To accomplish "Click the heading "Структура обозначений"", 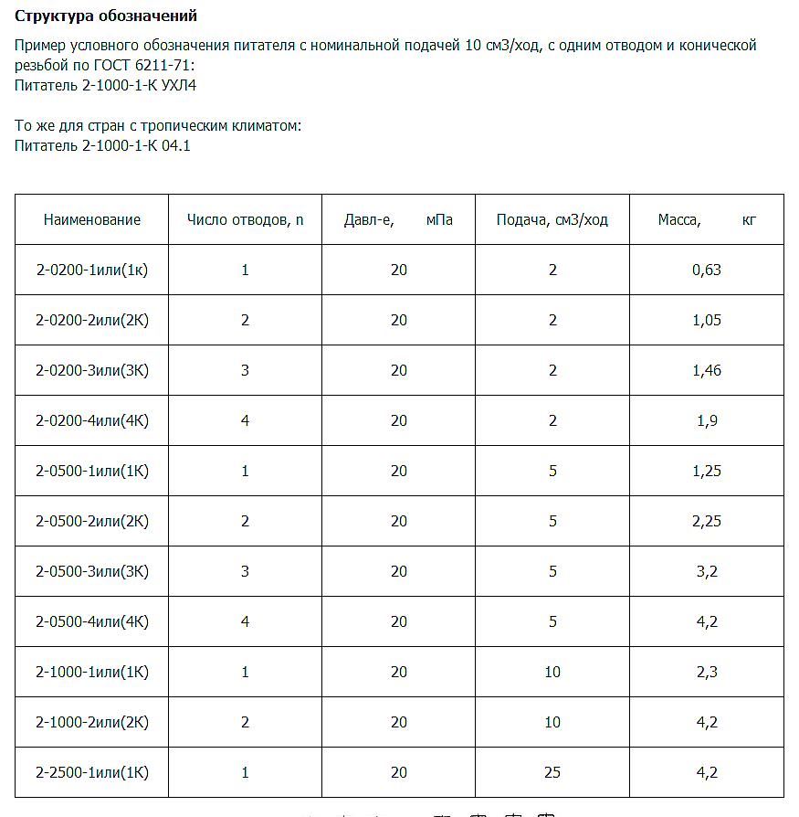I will pyautogui.click(x=106, y=16).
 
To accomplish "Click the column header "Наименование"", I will pyautogui.click(x=92, y=219).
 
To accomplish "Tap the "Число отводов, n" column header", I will pyautogui.click(x=245, y=219).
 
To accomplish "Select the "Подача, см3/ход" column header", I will pyautogui.click(x=552, y=219).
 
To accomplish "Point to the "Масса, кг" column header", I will pyautogui.click(x=706, y=219).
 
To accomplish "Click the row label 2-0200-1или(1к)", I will pyautogui.click(x=92, y=270).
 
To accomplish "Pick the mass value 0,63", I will pyautogui.click(x=707, y=270).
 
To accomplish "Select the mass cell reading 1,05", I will pyautogui.click(x=707, y=320).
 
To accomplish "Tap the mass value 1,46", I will pyautogui.click(x=707, y=370).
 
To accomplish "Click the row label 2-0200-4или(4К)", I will pyautogui.click(x=92, y=420).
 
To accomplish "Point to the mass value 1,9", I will pyautogui.click(x=707, y=420).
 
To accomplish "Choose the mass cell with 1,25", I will pyautogui.click(x=707, y=471).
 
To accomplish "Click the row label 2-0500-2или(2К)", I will pyautogui.click(x=92, y=521).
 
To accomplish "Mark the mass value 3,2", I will pyautogui.click(x=707, y=571).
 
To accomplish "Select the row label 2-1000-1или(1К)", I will pyautogui.click(x=92, y=672).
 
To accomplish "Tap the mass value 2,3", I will pyautogui.click(x=707, y=672).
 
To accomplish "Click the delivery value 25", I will pyautogui.click(x=552, y=772).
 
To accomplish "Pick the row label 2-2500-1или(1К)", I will pyautogui.click(x=92, y=772).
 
